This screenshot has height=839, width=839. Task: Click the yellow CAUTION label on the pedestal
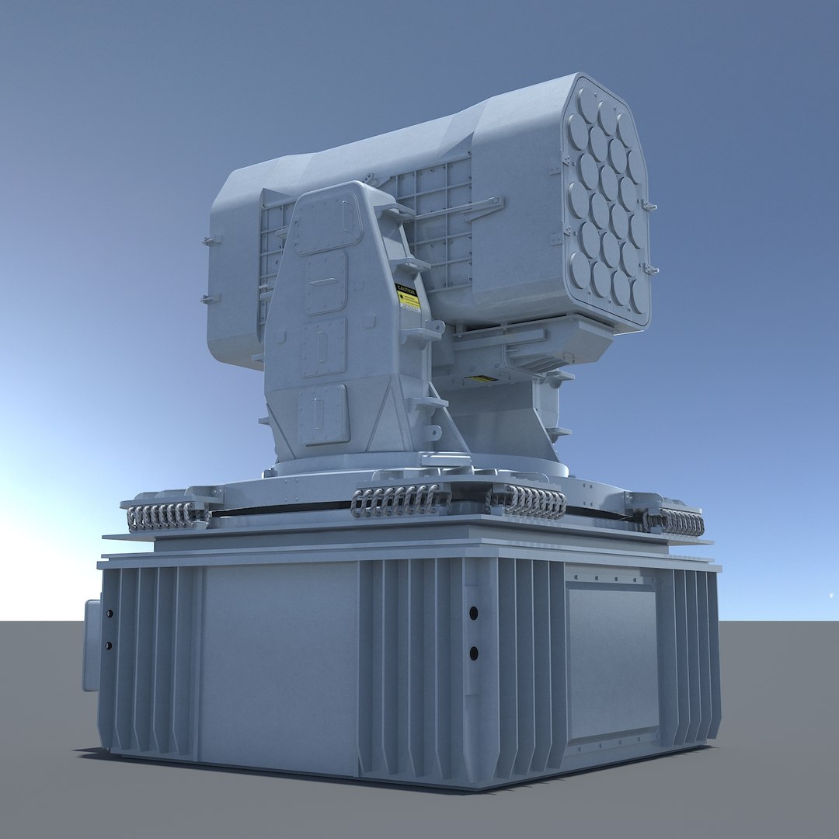click(408, 298)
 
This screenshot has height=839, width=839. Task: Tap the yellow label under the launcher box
click(482, 379)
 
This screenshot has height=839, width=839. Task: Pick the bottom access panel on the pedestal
click(322, 414)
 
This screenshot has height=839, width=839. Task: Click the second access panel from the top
click(326, 281)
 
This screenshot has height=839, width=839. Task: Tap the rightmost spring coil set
click(674, 522)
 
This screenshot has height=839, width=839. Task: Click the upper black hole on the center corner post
click(473, 613)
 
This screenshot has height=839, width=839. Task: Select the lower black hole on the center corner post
click(473, 653)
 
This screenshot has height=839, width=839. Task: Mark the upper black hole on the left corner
click(109, 614)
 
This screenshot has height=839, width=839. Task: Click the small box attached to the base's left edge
click(92, 645)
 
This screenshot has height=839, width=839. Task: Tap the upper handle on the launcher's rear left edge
click(210, 241)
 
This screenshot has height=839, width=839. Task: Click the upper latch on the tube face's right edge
click(648, 207)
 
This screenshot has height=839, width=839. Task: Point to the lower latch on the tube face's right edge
click(650, 270)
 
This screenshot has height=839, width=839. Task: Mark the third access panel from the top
click(323, 346)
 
